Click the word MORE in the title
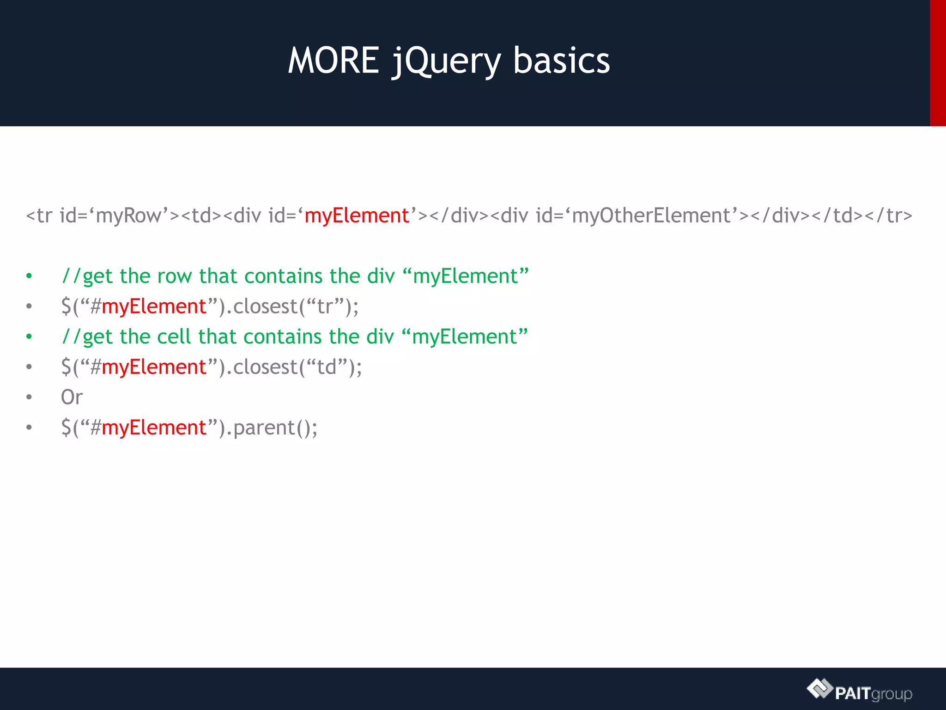click(x=334, y=61)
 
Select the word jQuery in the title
click(x=446, y=62)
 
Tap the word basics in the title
click(x=561, y=61)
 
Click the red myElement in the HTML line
click(x=357, y=216)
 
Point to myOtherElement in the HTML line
click(x=651, y=216)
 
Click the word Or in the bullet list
click(x=72, y=397)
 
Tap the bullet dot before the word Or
click(x=29, y=397)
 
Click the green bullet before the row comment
click(x=29, y=276)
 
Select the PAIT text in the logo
click(x=853, y=693)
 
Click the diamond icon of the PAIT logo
click(x=819, y=689)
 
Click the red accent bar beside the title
click(x=938, y=63)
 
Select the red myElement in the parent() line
click(x=154, y=428)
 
